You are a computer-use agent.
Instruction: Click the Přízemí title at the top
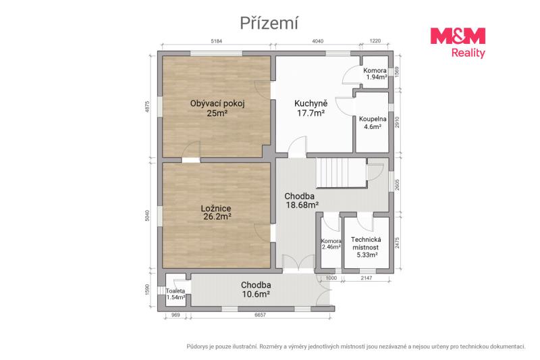(269, 24)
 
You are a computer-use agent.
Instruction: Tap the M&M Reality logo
(458, 43)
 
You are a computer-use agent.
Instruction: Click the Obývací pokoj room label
(217, 108)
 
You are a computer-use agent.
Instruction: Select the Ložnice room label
(216, 213)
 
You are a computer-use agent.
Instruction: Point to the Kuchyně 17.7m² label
(311, 108)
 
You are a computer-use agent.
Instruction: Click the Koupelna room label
(373, 123)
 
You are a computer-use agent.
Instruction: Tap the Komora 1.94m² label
(375, 74)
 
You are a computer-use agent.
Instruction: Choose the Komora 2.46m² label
(331, 244)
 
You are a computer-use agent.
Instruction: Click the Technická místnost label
(366, 247)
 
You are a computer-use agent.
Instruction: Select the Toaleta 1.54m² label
(175, 294)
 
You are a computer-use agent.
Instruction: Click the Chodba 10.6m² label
(256, 289)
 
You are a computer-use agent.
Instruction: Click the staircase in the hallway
(342, 172)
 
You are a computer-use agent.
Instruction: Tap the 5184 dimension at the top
(217, 41)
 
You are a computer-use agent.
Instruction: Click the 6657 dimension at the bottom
(260, 315)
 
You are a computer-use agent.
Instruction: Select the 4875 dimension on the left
(147, 107)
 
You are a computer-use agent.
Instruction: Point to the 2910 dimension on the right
(397, 122)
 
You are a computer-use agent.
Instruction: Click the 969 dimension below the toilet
(175, 315)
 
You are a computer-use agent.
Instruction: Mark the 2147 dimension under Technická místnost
(366, 278)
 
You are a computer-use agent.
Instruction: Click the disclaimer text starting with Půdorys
(356, 346)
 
